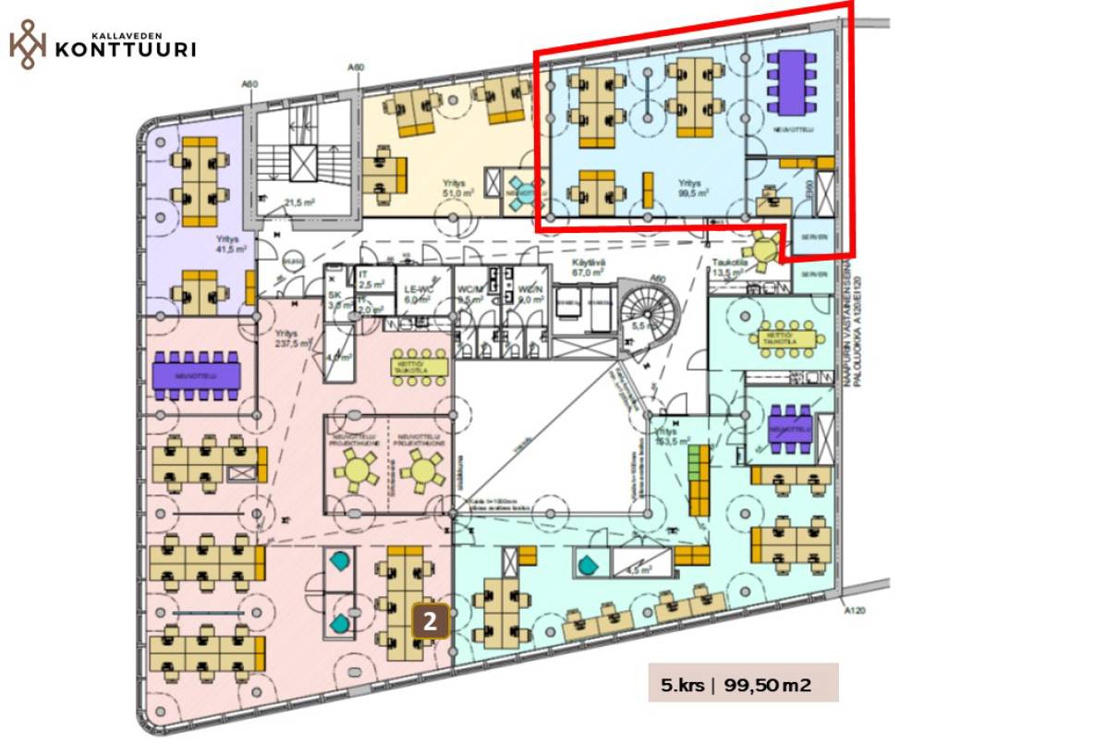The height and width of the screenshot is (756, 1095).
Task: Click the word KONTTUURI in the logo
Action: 126,48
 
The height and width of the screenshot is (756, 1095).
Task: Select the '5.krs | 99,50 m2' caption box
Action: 743,684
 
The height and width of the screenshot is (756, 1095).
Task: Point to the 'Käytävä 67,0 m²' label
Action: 588,268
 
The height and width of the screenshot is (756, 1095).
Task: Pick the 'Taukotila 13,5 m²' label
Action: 728,268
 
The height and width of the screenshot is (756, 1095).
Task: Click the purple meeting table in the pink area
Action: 196,375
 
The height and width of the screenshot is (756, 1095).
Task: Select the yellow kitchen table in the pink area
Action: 420,364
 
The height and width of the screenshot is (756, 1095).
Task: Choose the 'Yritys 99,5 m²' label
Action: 693,189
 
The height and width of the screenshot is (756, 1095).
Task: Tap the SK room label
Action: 335,298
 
